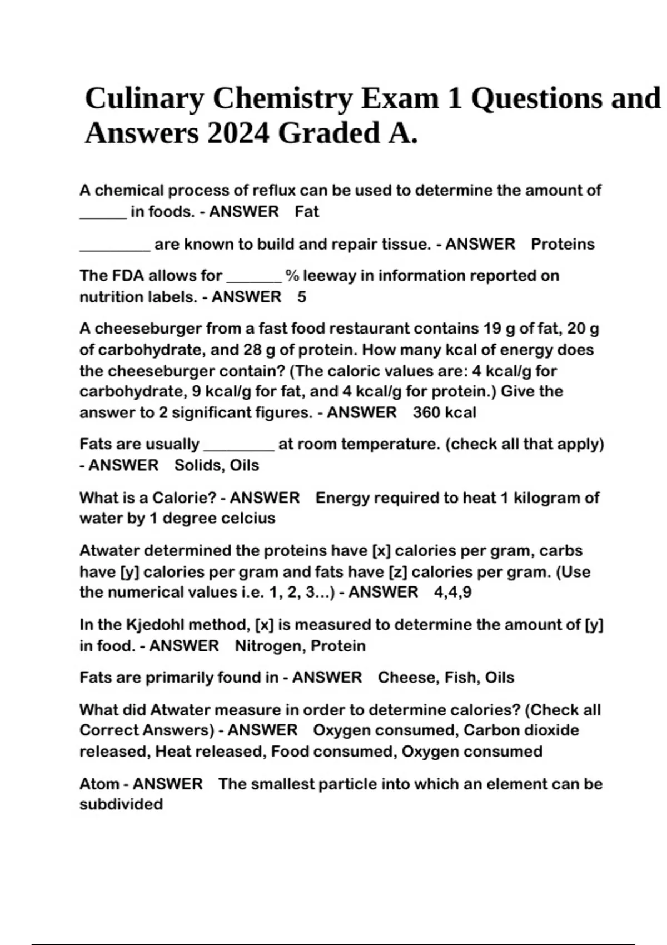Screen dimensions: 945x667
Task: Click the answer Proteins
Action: click(563, 244)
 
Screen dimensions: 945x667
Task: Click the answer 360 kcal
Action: click(445, 412)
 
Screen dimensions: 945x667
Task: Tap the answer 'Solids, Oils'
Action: click(217, 465)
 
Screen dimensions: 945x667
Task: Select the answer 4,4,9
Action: click(453, 592)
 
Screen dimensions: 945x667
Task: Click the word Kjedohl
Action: click(158, 625)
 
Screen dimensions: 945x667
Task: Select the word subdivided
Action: click(121, 804)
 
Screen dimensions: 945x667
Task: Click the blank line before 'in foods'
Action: click(103, 216)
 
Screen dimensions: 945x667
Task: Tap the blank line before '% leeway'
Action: click(255, 280)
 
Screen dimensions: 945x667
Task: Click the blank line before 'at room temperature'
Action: click(240, 448)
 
